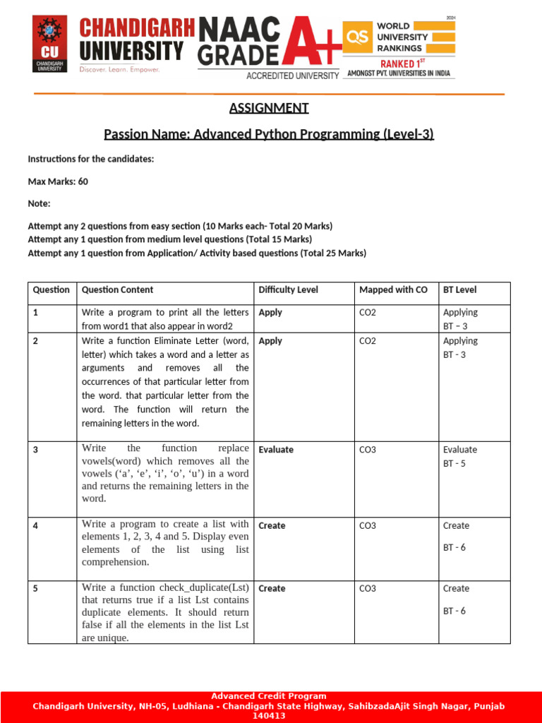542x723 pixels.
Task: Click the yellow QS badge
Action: tap(358, 37)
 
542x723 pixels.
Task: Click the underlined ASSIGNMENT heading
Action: tap(269, 108)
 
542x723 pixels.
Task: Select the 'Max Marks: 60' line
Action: tap(58, 181)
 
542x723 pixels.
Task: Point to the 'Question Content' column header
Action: tap(118, 289)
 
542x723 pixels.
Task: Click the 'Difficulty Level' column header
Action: tap(288, 289)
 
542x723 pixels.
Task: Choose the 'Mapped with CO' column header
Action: tap(393, 289)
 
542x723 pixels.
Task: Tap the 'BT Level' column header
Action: tap(460, 289)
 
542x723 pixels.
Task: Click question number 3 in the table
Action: tap(35, 449)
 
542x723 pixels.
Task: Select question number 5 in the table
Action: tap(35, 588)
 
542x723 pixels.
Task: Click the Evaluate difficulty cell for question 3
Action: tap(276, 449)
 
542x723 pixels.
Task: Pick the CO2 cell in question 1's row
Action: tap(368, 312)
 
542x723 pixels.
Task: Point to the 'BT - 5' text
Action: tap(454, 464)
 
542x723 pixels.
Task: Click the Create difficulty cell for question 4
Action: tap(272, 525)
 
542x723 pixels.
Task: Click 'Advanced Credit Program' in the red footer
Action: tap(269, 696)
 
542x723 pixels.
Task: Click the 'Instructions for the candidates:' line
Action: tap(91, 159)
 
